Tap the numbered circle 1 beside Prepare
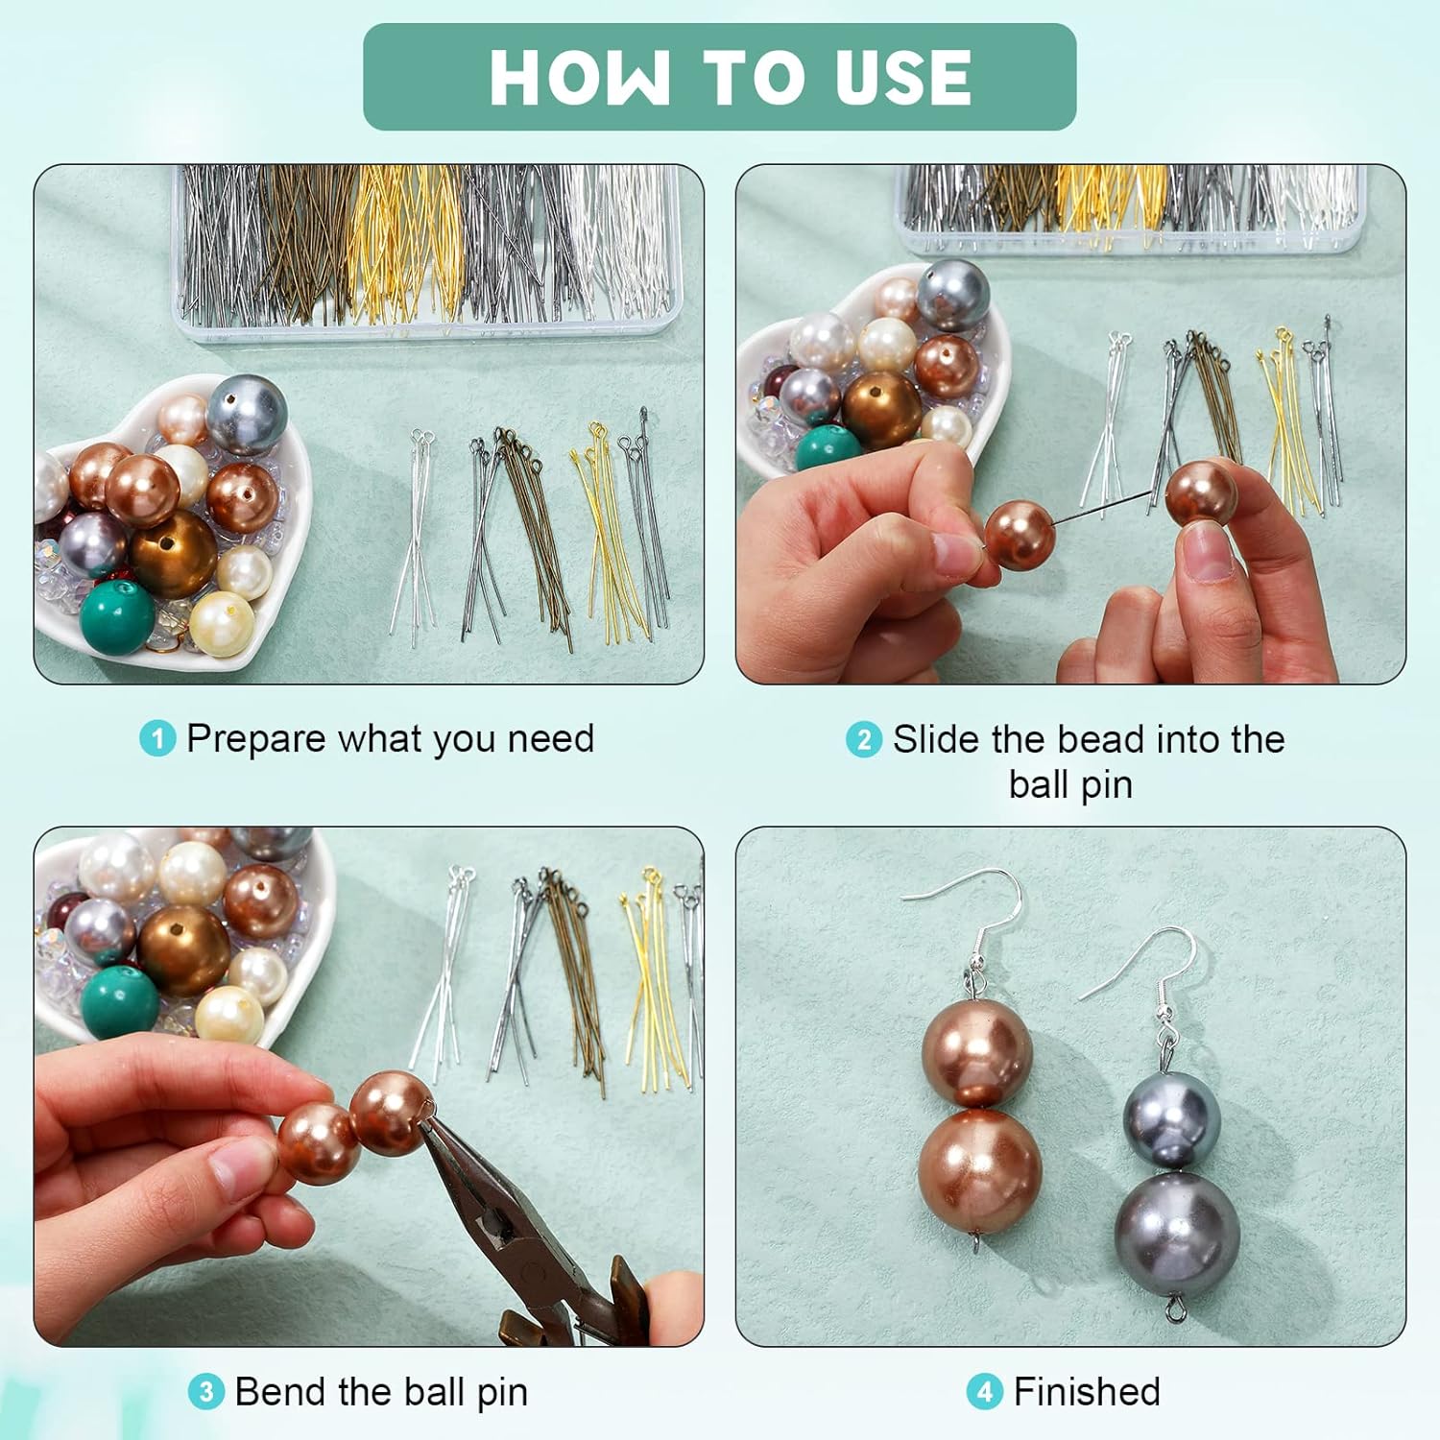[157, 739]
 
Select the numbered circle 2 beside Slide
[863, 739]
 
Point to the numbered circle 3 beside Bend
[205, 1392]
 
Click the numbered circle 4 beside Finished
[984, 1392]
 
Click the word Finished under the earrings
[1087, 1392]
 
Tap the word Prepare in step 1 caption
[256, 739]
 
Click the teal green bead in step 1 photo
[117, 615]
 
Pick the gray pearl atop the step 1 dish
[247, 415]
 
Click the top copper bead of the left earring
[976, 1051]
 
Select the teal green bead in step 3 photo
[119, 1001]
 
